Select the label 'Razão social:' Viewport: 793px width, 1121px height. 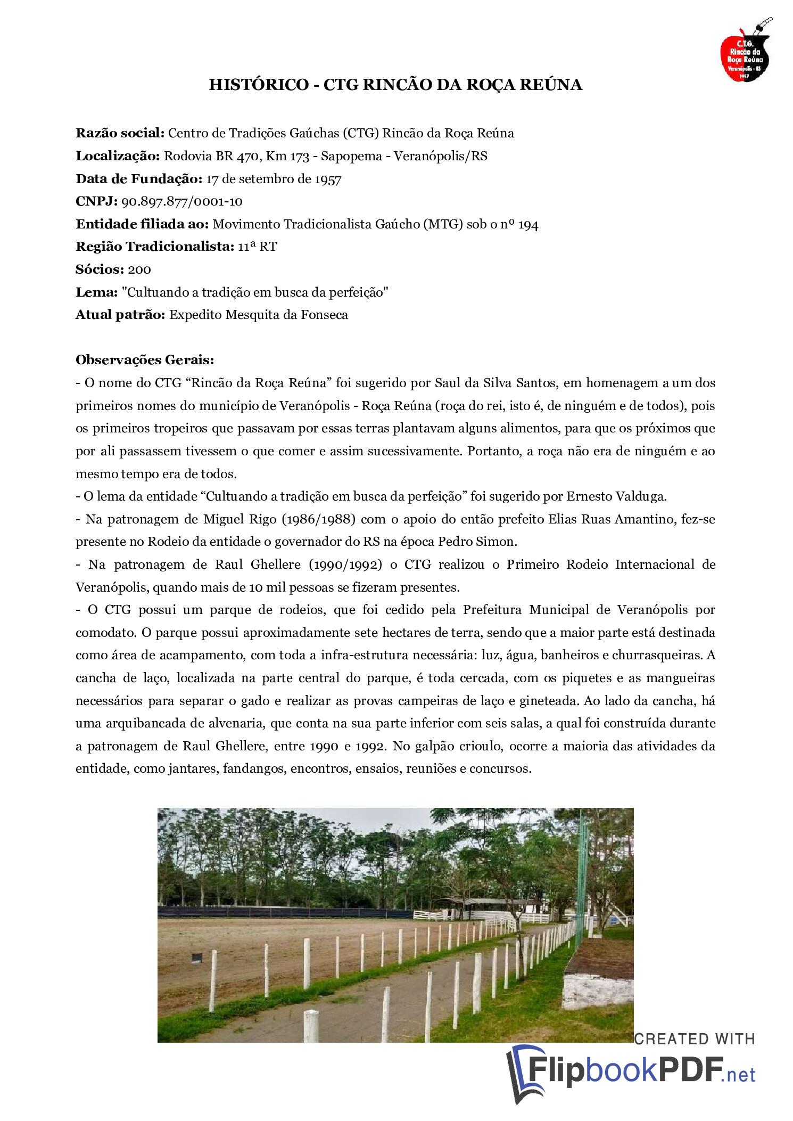(120, 133)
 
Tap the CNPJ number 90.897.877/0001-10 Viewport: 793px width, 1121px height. (183, 201)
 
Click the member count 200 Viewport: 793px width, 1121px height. (139, 269)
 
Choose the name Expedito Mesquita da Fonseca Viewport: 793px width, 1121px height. (258, 315)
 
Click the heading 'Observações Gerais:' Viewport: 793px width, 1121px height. (144, 360)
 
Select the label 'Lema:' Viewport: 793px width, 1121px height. (96, 292)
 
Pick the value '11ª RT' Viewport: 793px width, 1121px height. (257, 247)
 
